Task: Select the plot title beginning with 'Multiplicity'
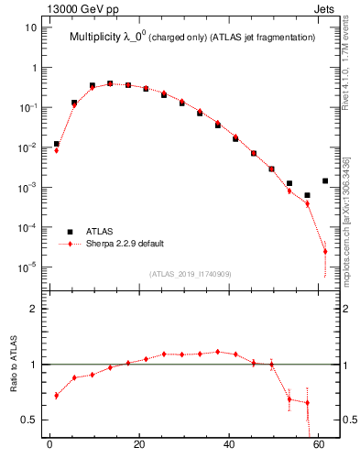(x=192, y=38)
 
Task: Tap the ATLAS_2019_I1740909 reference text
(x=191, y=273)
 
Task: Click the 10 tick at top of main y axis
(x=30, y=27)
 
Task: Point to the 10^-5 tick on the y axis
(x=27, y=267)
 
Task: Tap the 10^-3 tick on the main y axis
(x=27, y=187)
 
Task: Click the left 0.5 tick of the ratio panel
(x=27, y=420)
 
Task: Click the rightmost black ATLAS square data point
(x=325, y=180)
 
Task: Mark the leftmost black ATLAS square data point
(x=57, y=144)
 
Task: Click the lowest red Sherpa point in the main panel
(x=325, y=251)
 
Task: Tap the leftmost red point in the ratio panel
(x=57, y=396)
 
